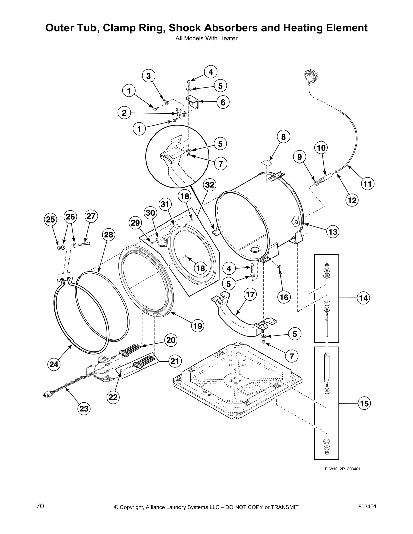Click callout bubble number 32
(210, 185)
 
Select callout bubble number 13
(333, 232)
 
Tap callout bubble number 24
(53, 364)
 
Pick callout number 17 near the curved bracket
(250, 295)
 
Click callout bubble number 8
(283, 137)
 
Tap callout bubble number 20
(171, 340)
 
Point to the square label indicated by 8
(267, 163)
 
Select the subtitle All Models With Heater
(206, 38)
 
